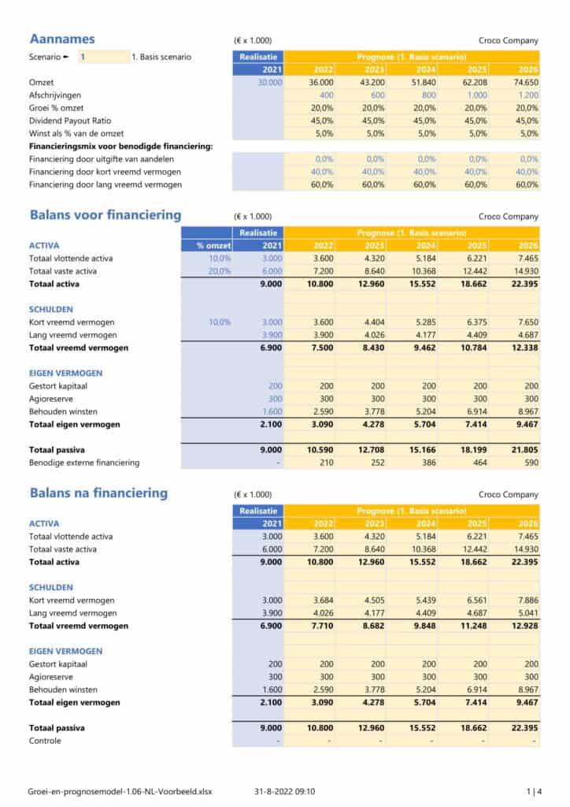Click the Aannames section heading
click(62, 39)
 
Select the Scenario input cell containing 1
click(102, 57)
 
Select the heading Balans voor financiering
click(105, 215)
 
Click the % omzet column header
click(213, 245)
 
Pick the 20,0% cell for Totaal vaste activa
click(220, 270)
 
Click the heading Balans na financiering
click(98, 493)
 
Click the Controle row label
click(45, 741)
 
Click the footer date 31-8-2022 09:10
click(284, 790)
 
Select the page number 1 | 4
click(533, 790)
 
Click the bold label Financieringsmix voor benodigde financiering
click(115, 147)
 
